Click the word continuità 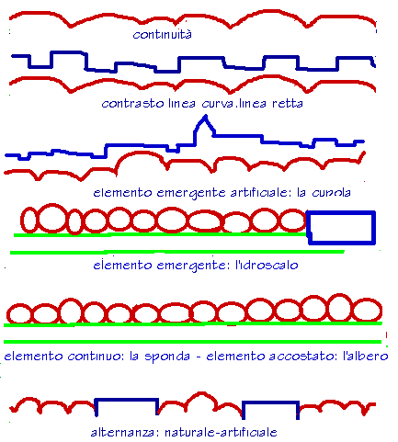click(x=163, y=34)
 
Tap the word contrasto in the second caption click(x=132, y=104)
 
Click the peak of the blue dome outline click(x=205, y=116)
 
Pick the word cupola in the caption click(x=331, y=193)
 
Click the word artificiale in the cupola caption click(x=259, y=192)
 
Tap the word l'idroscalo click(x=267, y=265)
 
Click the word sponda click(x=167, y=357)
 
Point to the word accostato click(x=301, y=357)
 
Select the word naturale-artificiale click(x=221, y=432)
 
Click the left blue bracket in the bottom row click(x=126, y=400)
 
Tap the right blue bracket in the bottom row click(x=270, y=402)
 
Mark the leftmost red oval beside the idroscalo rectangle click(x=21, y=220)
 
